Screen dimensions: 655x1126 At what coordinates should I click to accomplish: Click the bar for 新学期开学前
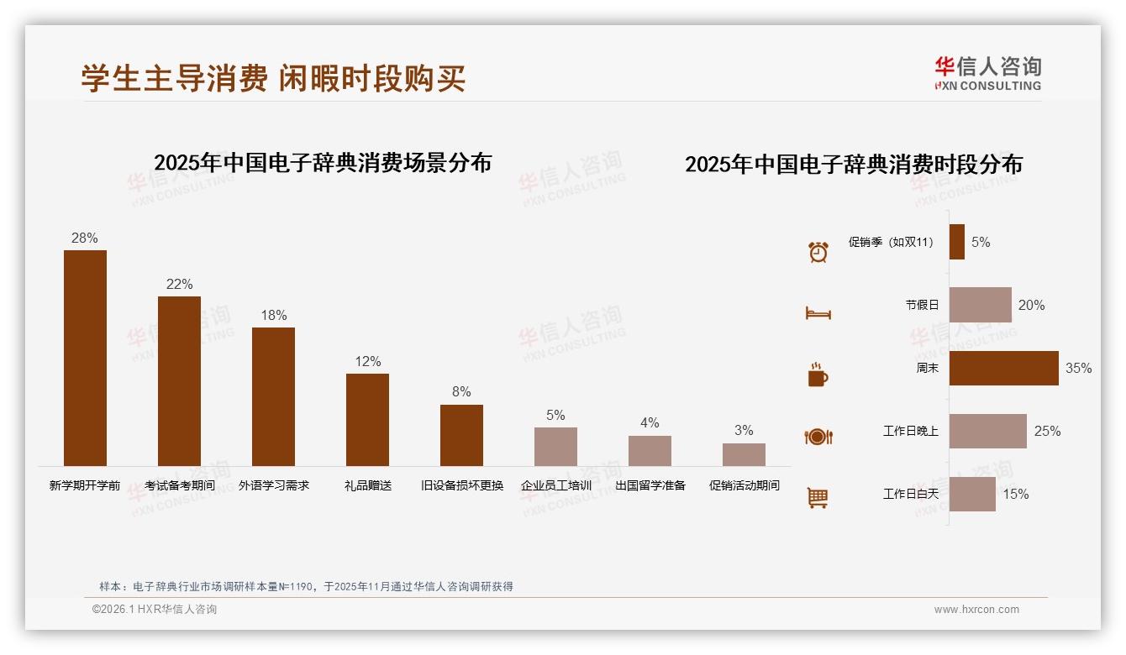(85, 358)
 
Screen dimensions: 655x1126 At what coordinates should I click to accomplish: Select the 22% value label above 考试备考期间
(179, 284)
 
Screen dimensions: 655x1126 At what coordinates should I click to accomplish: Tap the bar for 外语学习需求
(273, 396)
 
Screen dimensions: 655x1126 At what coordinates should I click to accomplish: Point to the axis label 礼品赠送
(367, 485)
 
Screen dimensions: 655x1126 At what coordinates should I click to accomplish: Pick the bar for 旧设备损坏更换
(461, 435)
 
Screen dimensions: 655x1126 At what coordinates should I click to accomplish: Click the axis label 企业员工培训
(555, 485)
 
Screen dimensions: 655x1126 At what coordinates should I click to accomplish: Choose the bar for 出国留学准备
(650, 451)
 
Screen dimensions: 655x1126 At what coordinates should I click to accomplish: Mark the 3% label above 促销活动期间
(744, 430)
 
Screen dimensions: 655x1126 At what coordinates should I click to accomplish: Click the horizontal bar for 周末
(1003, 368)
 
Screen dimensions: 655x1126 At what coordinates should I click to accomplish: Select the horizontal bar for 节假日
(980, 305)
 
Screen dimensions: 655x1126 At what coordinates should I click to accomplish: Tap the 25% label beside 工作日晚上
(1047, 431)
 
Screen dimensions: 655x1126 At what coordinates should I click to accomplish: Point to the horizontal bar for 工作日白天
(972, 494)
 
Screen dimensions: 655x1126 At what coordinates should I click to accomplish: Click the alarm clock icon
(818, 251)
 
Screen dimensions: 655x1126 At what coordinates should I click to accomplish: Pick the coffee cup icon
(818, 375)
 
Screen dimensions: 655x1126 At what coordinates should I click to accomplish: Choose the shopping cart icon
(818, 498)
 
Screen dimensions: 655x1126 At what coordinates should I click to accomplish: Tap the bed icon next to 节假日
(818, 313)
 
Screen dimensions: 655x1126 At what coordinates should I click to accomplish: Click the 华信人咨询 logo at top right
(987, 73)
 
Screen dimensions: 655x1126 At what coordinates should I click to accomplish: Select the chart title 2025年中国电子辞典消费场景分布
(323, 162)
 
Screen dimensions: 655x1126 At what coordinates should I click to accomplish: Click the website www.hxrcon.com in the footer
(976, 610)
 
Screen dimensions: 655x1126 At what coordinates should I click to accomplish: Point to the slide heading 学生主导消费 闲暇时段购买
(273, 78)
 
